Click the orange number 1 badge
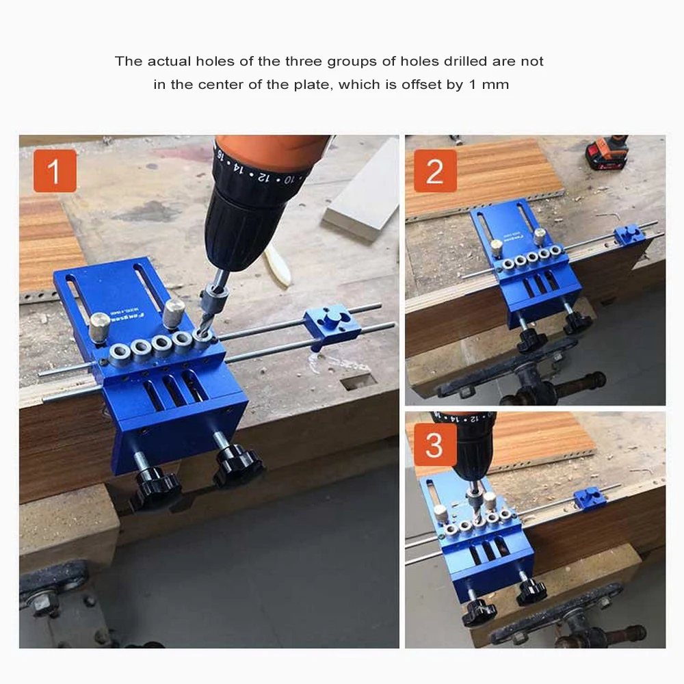pos(55,171)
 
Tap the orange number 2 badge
pos(434,171)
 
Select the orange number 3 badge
pos(434,445)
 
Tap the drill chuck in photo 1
pos(239,226)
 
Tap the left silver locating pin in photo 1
pos(100,324)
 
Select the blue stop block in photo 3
pos(590,498)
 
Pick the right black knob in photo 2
pos(577,324)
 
